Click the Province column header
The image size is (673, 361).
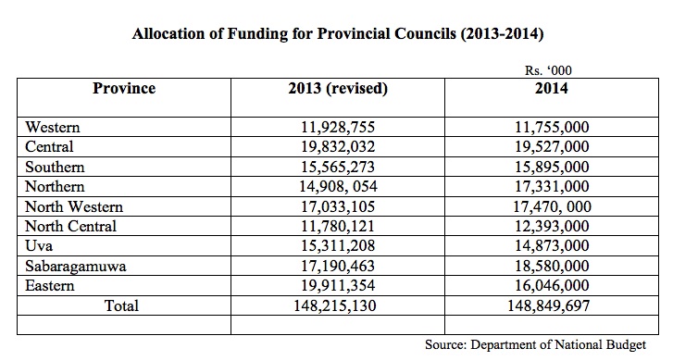124,89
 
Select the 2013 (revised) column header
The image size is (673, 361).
338,89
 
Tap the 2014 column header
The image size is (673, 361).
552,89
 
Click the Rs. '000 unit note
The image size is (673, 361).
548,70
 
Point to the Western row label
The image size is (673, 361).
53,128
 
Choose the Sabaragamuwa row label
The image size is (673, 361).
76,267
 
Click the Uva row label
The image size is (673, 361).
39,246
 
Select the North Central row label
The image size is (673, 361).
71,226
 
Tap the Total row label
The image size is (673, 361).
121,306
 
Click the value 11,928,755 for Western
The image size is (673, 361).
338,128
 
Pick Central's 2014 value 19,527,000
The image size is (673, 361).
552,147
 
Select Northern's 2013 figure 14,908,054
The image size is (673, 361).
338,186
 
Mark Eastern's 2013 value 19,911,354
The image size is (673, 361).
338,285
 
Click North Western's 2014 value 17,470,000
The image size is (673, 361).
553,207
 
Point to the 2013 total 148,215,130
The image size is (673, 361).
335,306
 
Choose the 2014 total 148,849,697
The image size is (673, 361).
549,306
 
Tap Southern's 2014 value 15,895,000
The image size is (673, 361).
552,167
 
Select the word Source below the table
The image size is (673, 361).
445,344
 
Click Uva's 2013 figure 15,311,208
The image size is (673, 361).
338,246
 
